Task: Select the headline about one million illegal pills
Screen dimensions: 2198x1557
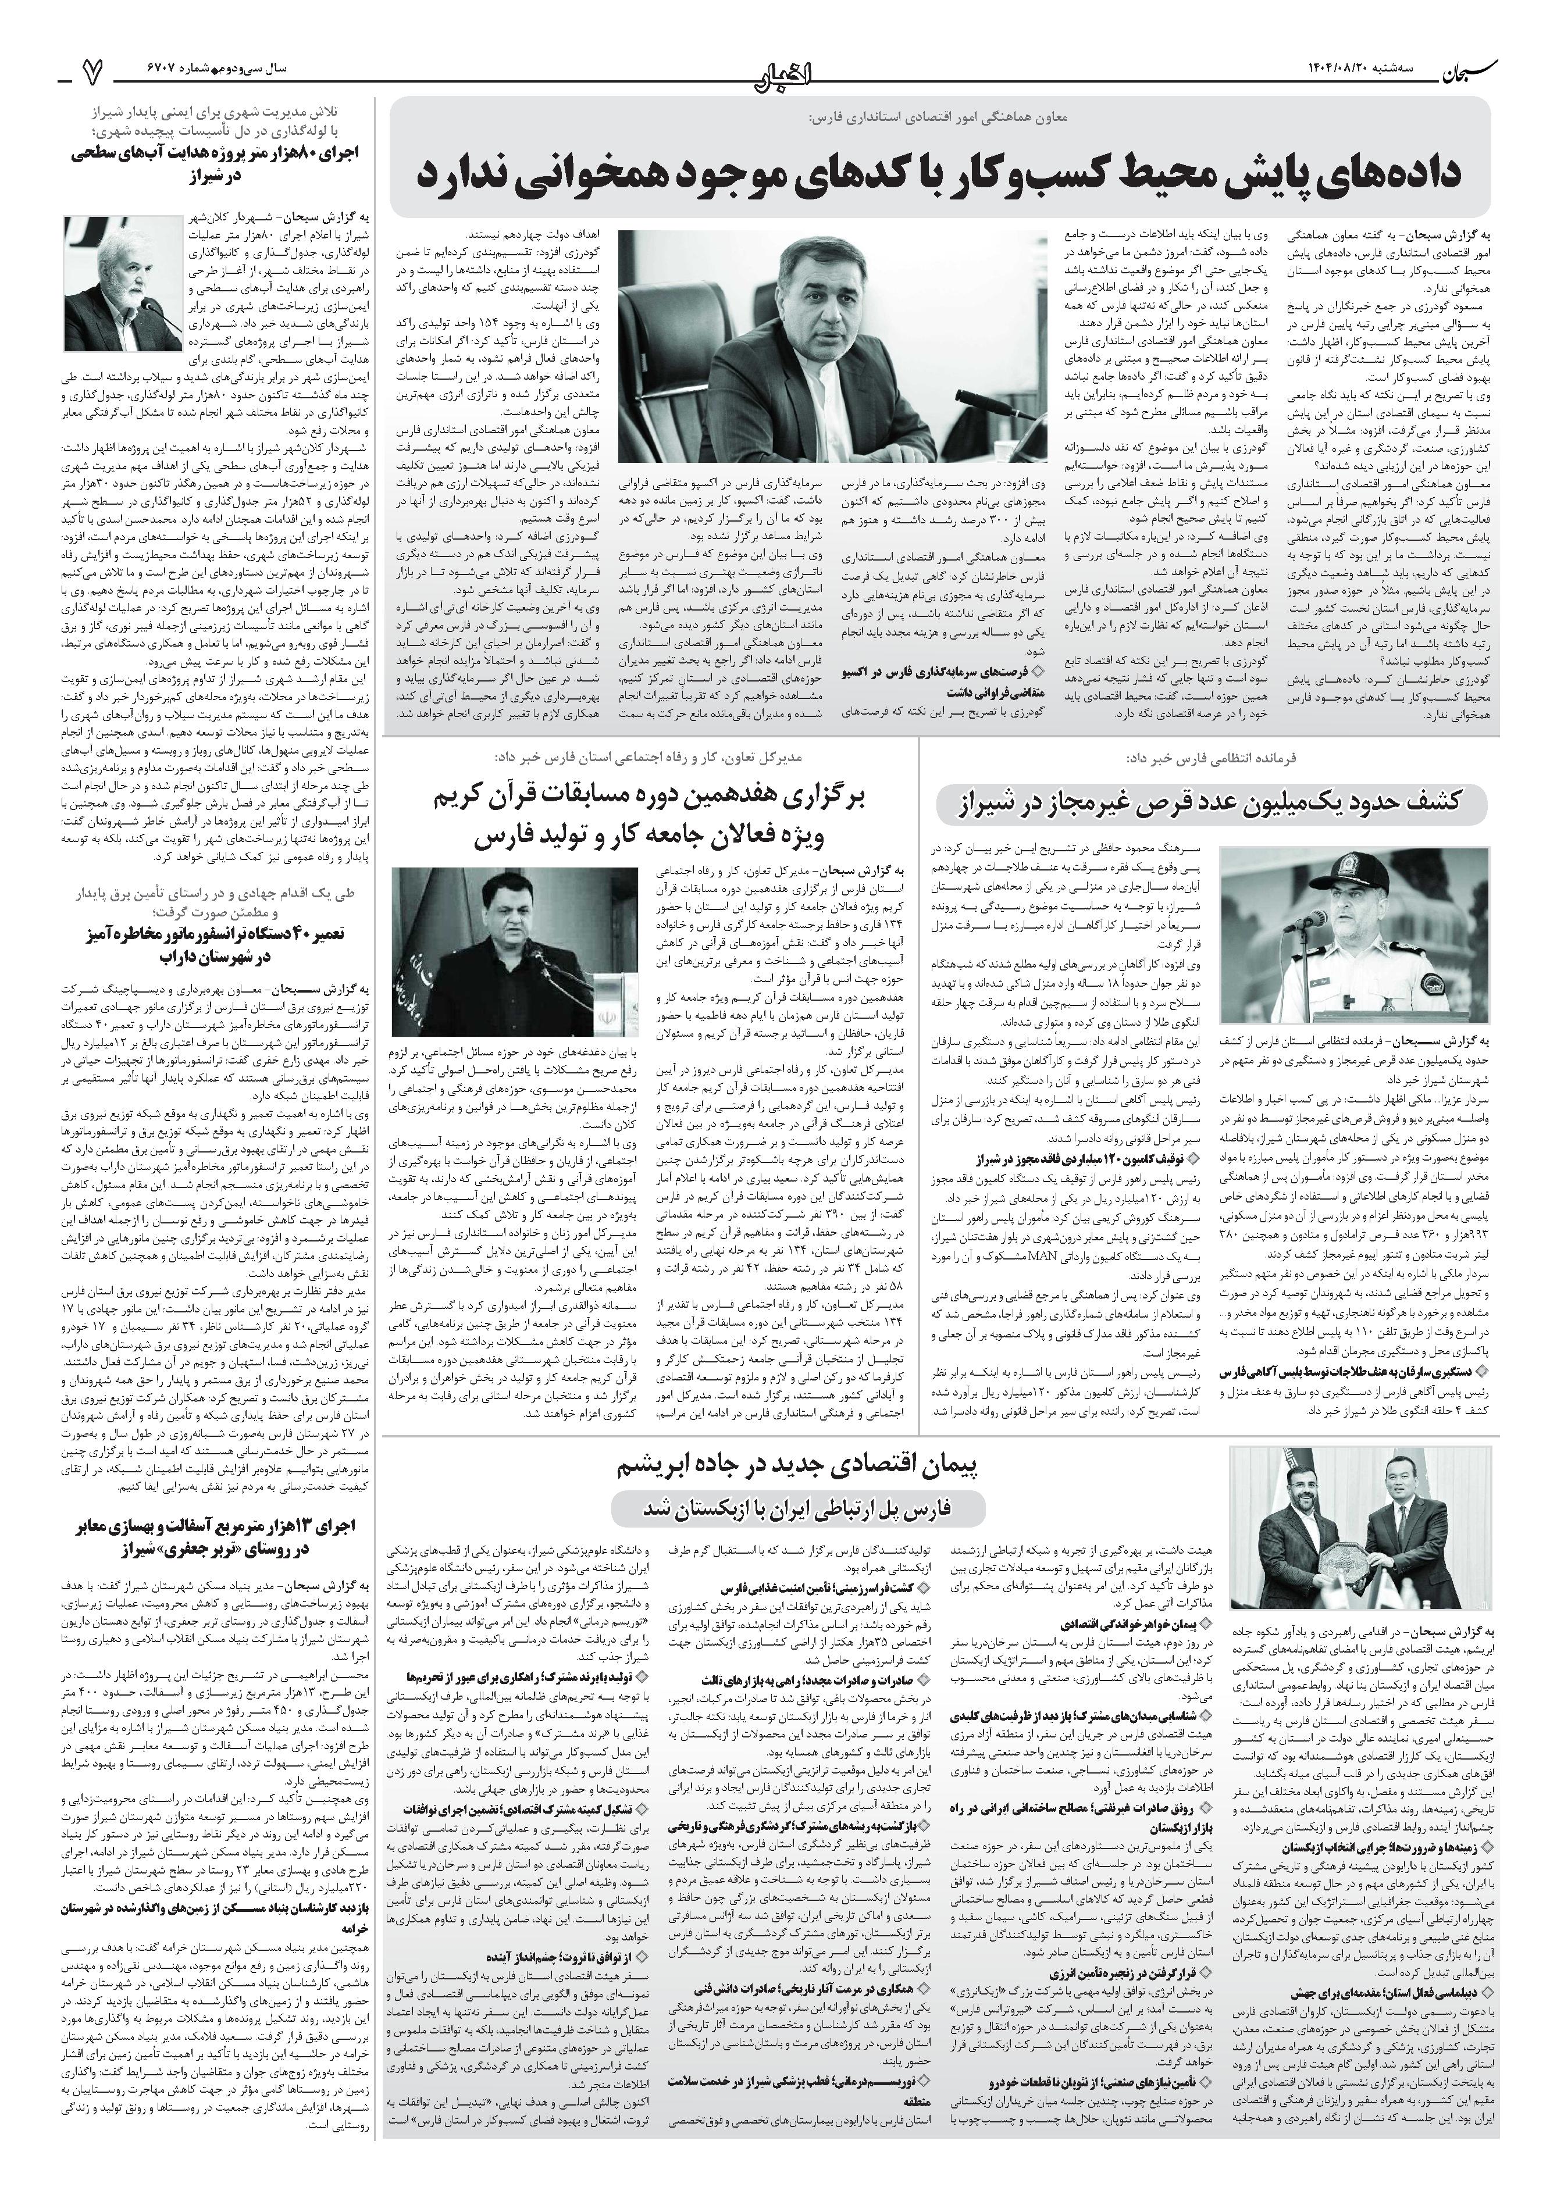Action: [x=1212, y=803]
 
